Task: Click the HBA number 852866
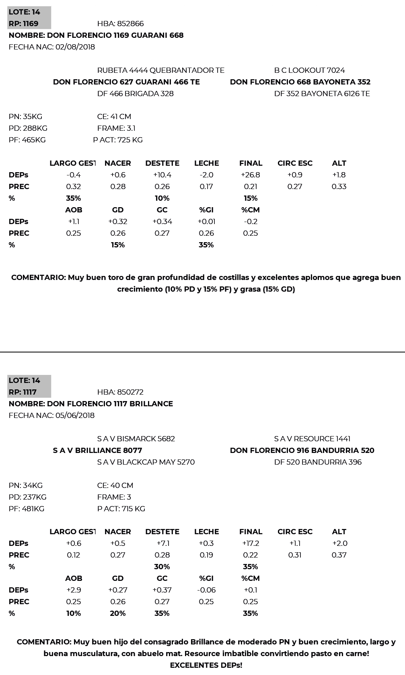coord(120,24)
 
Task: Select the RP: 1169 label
coord(23,24)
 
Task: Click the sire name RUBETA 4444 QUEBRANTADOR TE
coord(160,70)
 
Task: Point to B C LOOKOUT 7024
coord(309,70)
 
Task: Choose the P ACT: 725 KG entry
coord(118,140)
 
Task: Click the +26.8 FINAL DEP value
coord(251,175)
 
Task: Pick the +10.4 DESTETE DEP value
coord(162,175)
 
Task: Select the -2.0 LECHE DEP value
coord(206,175)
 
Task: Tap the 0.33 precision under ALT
coord(339,187)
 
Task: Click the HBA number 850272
coord(120,392)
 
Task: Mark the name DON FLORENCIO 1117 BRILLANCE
coord(91,404)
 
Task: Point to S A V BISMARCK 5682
coord(136,439)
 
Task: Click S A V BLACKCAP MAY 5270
coord(146,462)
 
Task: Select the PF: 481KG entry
coord(27,509)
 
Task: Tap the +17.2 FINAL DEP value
coord(251,543)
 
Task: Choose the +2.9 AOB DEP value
coord(74,590)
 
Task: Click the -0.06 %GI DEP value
coord(206,590)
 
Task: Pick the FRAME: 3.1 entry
coord(116,128)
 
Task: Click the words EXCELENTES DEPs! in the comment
coord(206,665)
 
